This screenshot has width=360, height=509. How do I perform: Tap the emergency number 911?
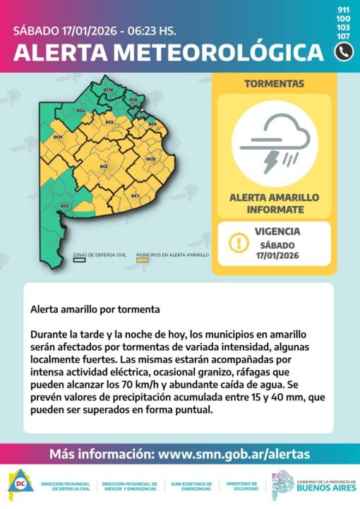pyautogui.click(x=344, y=9)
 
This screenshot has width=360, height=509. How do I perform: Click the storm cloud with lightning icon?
pyautogui.click(x=275, y=143)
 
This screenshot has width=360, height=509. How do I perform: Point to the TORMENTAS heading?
pyautogui.click(x=275, y=83)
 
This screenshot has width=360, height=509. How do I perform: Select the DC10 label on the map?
pyautogui.click(x=108, y=90)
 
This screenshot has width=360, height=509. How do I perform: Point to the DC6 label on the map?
pyautogui.click(x=64, y=205)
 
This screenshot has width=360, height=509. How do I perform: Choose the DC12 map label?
pyautogui.click(x=150, y=160)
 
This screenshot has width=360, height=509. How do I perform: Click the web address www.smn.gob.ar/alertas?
pyautogui.click(x=234, y=454)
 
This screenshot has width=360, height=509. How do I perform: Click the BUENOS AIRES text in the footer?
pyautogui.click(x=325, y=488)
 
